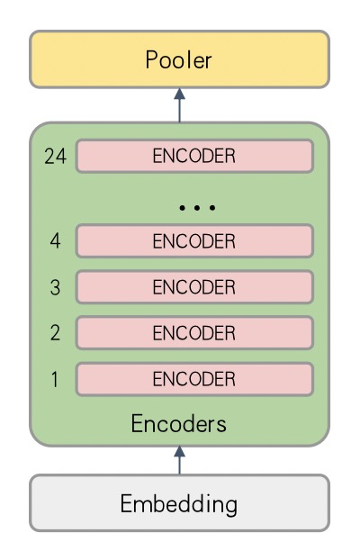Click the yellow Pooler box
tap(179, 59)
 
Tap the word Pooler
tap(178, 59)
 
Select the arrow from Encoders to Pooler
tap(179, 105)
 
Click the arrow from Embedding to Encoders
tap(179, 460)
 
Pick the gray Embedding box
tap(179, 503)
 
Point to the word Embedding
tap(178, 504)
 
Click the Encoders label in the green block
tap(178, 423)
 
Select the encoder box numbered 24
tap(194, 156)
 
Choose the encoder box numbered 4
tap(194, 240)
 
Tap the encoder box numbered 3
tap(194, 287)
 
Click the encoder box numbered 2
tap(194, 333)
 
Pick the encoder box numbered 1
tap(194, 379)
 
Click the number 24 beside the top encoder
tap(56, 156)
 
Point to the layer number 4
tap(55, 240)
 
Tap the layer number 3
tap(55, 287)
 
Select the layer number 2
tap(55, 333)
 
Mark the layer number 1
tap(55, 379)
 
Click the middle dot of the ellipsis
tap(197, 207)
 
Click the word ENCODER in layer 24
tap(194, 156)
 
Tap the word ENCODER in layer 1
tap(194, 379)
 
